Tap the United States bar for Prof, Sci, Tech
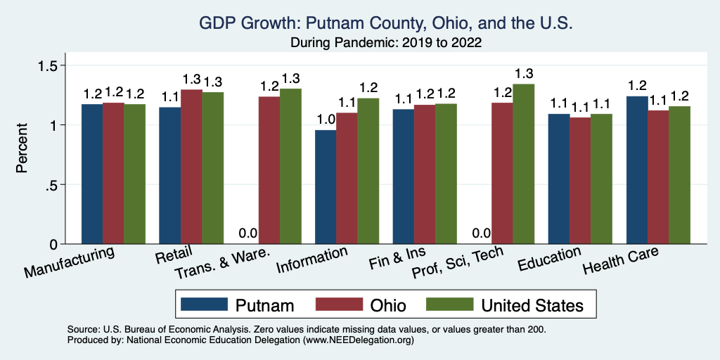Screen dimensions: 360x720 click(x=523, y=164)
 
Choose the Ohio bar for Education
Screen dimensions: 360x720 click(x=580, y=181)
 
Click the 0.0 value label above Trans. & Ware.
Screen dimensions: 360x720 click(x=247, y=233)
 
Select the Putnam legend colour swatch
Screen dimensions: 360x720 click(x=205, y=304)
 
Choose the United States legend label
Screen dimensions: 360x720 click(x=532, y=305)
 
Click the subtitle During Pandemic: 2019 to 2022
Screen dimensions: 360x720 click(x=387, y=43)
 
